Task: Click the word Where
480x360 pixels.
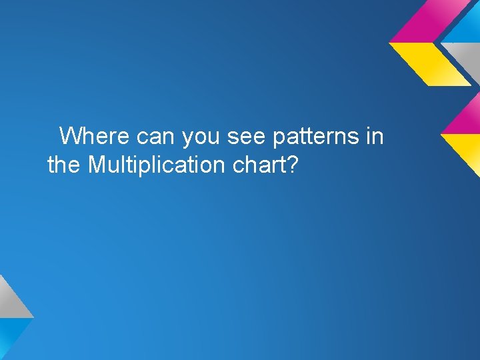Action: pyautogui.click(x=95, y=137)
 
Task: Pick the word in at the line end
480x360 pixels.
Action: pyautogui.click(x=375, y=137)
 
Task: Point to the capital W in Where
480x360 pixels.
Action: pyautogui.click(x=69, y=137)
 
